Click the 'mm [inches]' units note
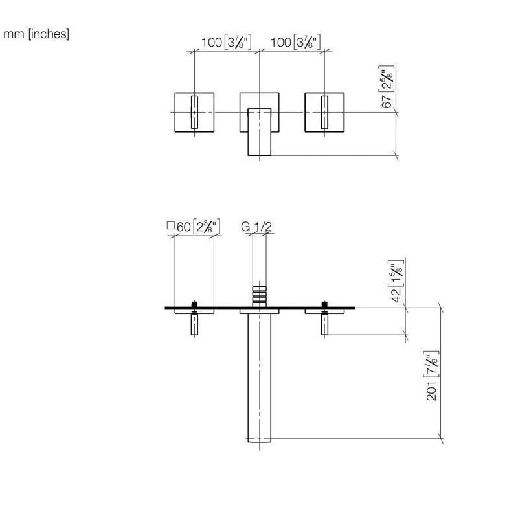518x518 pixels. tap(36, 34)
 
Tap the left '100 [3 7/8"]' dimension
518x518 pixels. tap(226, 42)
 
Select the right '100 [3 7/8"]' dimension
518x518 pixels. tap(295, 42)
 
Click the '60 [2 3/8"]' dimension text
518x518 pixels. tap(198, 227)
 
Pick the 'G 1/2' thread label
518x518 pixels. tap(256, 227)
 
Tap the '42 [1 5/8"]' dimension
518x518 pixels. tap(396, 281)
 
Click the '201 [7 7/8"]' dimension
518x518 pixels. tap(432, 376)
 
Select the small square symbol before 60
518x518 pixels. tap(170, 225)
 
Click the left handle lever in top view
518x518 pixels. tap(194, 112)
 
